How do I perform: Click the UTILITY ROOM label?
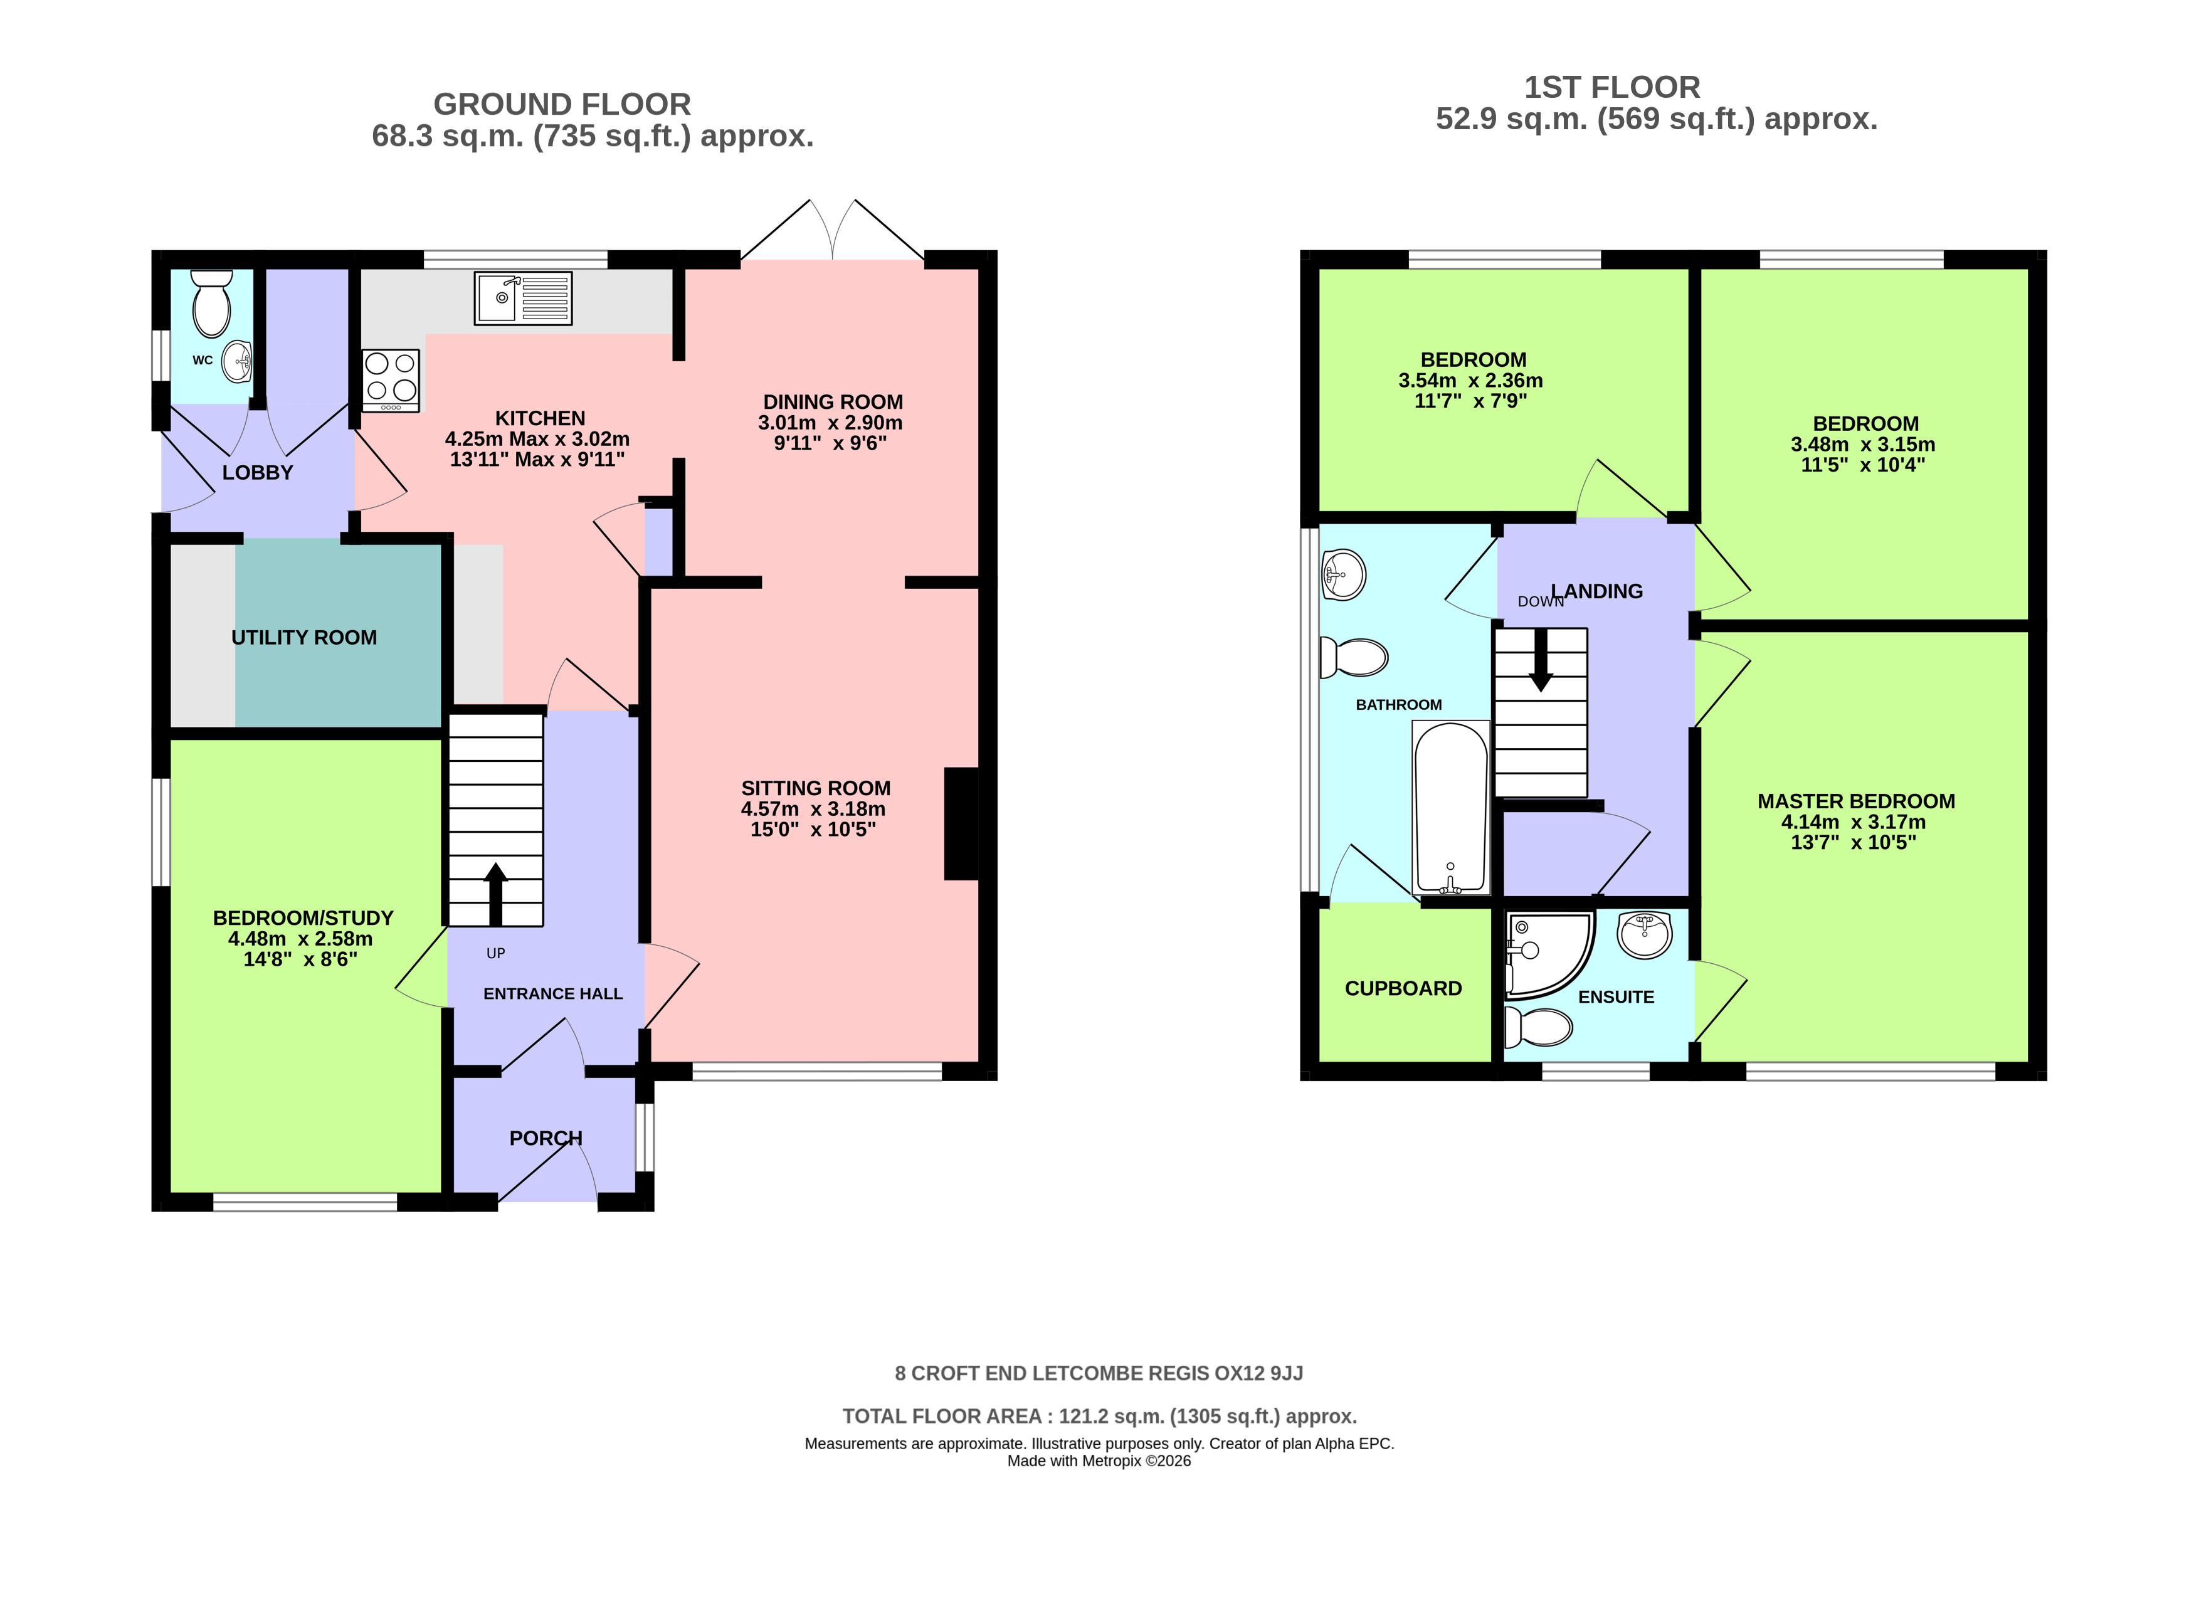[304, 638]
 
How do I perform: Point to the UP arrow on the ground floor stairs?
[496, 894]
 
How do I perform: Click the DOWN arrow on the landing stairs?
[1541, 659]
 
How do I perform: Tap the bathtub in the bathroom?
[1451, 808]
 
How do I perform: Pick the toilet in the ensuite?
[1537, 1027]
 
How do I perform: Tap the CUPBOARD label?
[1403, 988]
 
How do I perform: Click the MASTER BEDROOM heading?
[1855, 801]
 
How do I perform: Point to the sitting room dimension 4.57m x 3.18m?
[813, 809]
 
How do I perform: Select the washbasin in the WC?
[238, 362]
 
